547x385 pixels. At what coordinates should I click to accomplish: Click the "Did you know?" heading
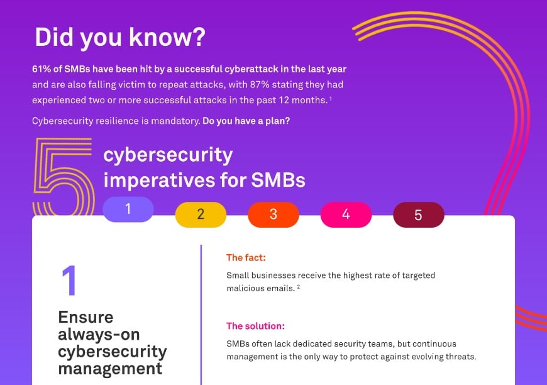[119, 37]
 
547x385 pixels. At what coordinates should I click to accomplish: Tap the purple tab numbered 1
[128, 209]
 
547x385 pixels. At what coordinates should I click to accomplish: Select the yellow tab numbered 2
[201, 215]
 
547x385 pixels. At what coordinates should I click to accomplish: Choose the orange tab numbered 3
[273, 215]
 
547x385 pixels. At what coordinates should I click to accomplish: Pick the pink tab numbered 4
[346, 215]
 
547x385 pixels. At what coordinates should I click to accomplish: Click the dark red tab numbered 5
[418, 215]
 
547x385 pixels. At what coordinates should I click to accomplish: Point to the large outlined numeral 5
[63, 178]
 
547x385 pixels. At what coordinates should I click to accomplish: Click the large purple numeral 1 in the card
[69, 281]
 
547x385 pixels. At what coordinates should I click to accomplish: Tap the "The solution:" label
[255, 326]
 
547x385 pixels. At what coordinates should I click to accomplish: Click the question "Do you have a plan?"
[246, 121]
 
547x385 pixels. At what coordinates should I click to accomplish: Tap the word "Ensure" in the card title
[86, 316]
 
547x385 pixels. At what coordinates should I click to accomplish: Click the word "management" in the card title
[110, 367]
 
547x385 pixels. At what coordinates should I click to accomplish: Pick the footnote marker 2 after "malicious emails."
[298, 286]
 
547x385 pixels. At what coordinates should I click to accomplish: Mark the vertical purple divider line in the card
[201, 315]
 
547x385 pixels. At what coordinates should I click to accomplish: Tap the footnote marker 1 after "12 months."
[330, 99]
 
